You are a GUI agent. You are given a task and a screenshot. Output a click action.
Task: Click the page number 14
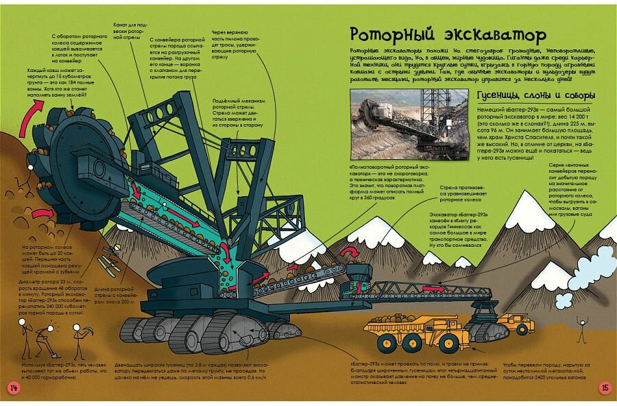coord(13,387)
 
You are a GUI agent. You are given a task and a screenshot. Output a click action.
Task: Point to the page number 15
coord(605,387)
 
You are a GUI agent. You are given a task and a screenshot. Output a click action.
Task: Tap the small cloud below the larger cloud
coord(564,301)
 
